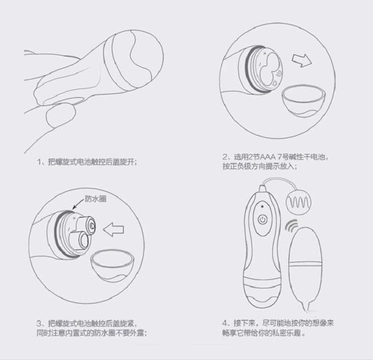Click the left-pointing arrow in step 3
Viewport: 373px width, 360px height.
[x=113, y=229]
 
